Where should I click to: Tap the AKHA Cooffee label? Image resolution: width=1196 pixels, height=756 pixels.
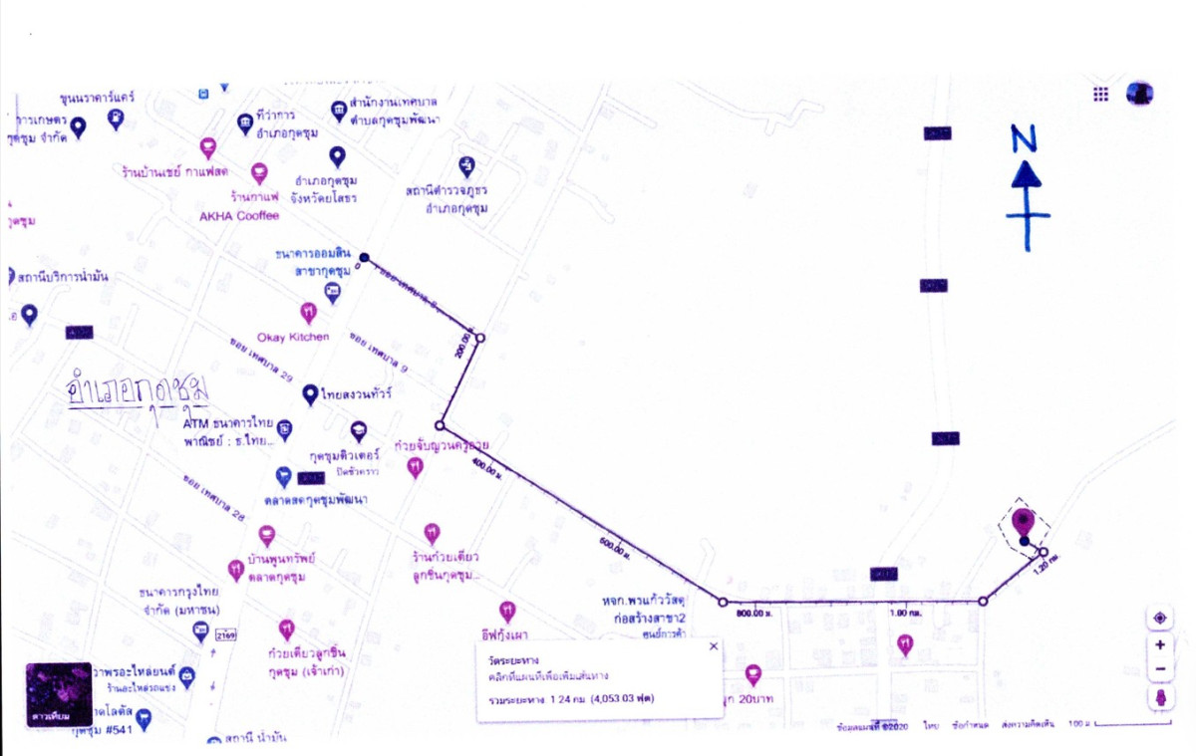pos(239,216)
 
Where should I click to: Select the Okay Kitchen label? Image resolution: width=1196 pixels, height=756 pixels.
pos(292,337)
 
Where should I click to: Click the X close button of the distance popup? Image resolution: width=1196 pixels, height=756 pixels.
pos(713,646)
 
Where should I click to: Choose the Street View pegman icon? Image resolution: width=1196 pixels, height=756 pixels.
pos(1160,697)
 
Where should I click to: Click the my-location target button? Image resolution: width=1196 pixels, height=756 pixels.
pos(1160,619)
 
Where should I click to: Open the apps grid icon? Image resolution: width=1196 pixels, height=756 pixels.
pos(1101,94)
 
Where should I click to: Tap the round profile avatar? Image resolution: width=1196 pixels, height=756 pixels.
pos(1140,94)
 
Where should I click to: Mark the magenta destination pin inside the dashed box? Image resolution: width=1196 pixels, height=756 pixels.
pos(1024,521)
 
